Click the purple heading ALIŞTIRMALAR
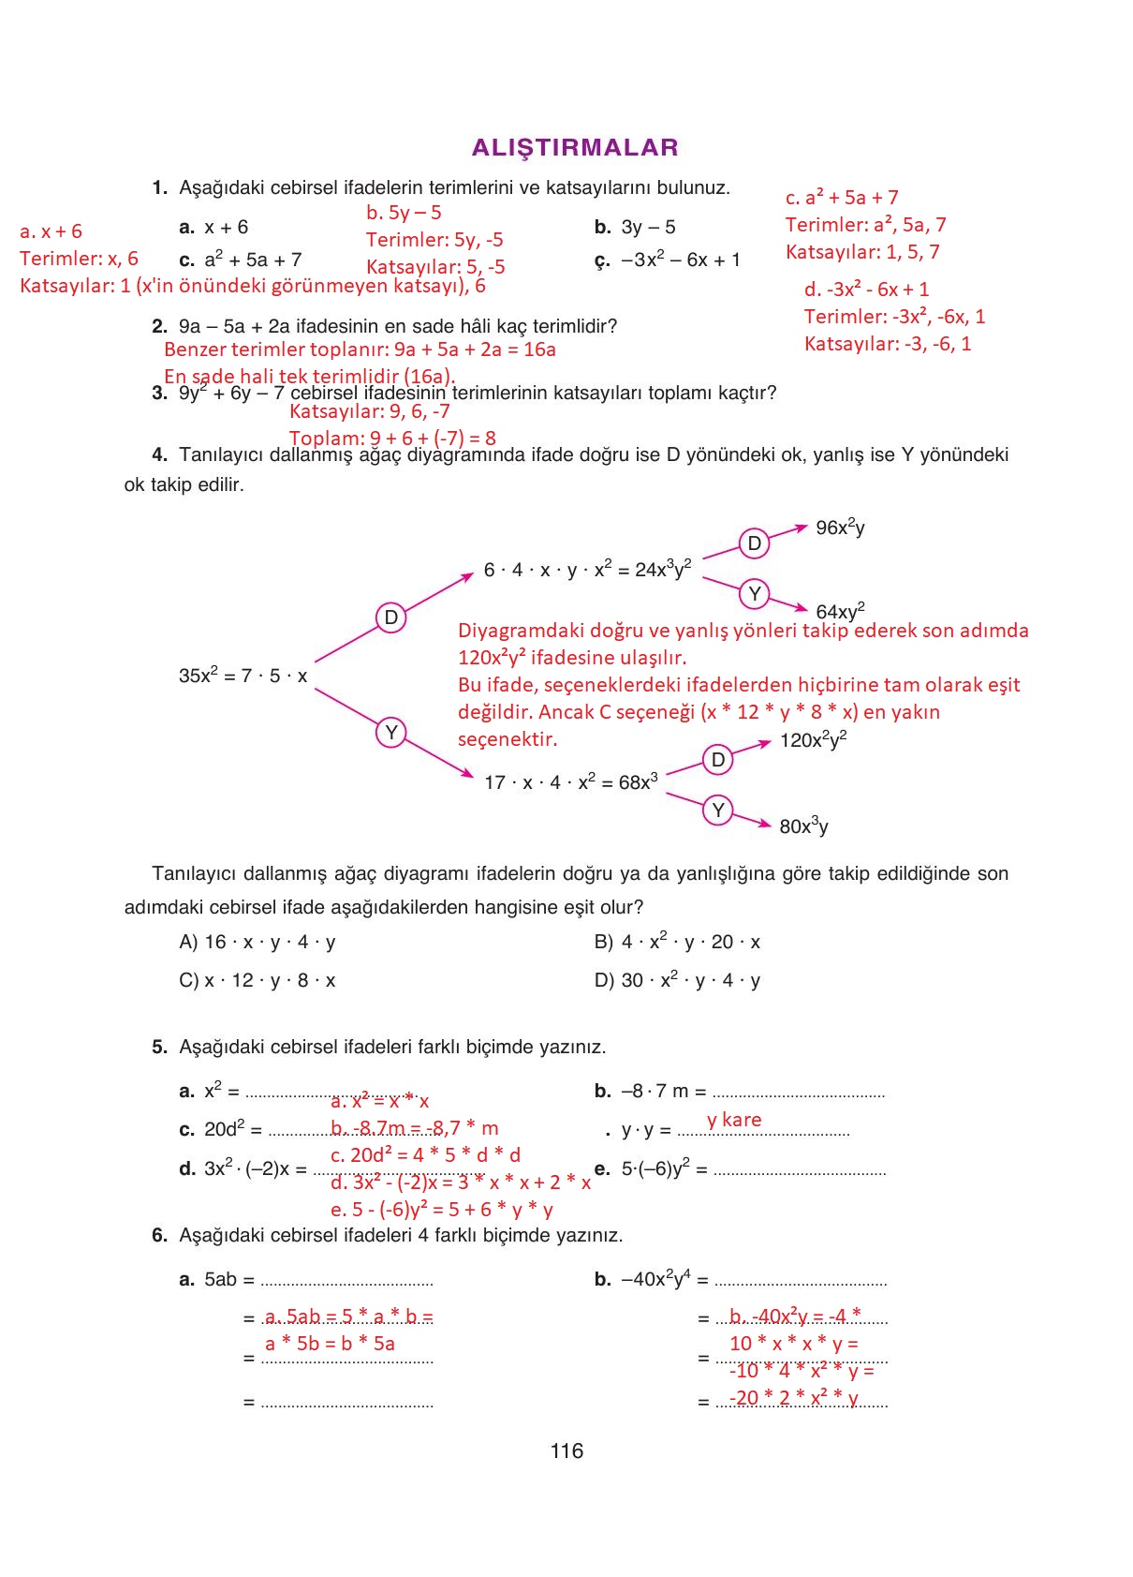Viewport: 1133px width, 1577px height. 575,147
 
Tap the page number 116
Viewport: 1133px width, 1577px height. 566,1451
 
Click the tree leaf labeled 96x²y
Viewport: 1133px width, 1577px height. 840,528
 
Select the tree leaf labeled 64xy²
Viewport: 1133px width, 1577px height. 840,611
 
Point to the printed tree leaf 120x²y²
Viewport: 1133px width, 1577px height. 813,740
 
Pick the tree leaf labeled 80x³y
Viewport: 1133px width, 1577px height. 803,826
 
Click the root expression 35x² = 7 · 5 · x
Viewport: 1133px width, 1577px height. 243,675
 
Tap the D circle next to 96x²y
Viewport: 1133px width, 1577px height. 754,543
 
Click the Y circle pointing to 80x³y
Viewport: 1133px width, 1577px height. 717,810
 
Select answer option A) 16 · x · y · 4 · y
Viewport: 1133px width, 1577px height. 257,942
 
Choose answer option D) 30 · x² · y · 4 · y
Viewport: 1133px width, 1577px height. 677,980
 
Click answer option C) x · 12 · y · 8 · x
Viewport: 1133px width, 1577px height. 257,980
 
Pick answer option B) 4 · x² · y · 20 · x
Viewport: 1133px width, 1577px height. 677,942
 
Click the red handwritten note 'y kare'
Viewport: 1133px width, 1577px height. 734,1120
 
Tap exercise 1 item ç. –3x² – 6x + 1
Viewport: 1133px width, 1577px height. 668,260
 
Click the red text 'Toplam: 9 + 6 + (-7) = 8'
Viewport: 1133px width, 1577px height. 392,438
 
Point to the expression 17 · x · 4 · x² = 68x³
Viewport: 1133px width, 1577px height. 570,781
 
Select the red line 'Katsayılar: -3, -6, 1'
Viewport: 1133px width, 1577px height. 888,344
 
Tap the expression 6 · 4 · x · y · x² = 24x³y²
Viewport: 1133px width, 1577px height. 587,569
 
